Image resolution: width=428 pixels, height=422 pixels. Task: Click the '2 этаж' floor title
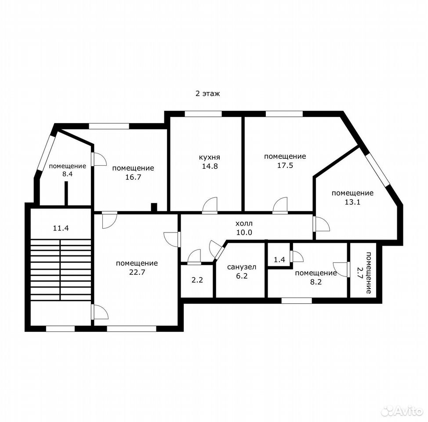tap(207, 94)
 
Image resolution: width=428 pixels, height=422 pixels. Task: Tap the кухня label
tap(209, 157)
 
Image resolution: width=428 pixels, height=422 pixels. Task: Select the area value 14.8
tap(210, 166)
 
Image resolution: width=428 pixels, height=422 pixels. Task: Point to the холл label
tap(244, 223)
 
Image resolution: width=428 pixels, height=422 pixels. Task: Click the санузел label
tap(242, 267)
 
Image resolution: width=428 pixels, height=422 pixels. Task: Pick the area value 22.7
tap(137, 272)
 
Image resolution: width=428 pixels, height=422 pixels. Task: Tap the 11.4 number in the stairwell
tap(61, 228)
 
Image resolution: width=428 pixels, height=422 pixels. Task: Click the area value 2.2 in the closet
tap(197, 280)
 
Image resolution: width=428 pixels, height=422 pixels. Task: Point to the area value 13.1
tap(353, 202)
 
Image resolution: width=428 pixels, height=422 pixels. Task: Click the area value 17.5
tap(285, 165)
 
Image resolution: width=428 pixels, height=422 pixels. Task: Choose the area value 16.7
tap(133, 177)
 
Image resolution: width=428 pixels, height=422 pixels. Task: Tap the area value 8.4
tap(67, 174)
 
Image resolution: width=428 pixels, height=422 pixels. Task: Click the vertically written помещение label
tap(369, 273)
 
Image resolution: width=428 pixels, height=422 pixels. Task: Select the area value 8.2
tap(316, 282)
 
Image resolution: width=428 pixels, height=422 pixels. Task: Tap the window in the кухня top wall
tap(203, 114)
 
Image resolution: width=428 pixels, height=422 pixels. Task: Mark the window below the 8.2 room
tap(297, 301)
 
